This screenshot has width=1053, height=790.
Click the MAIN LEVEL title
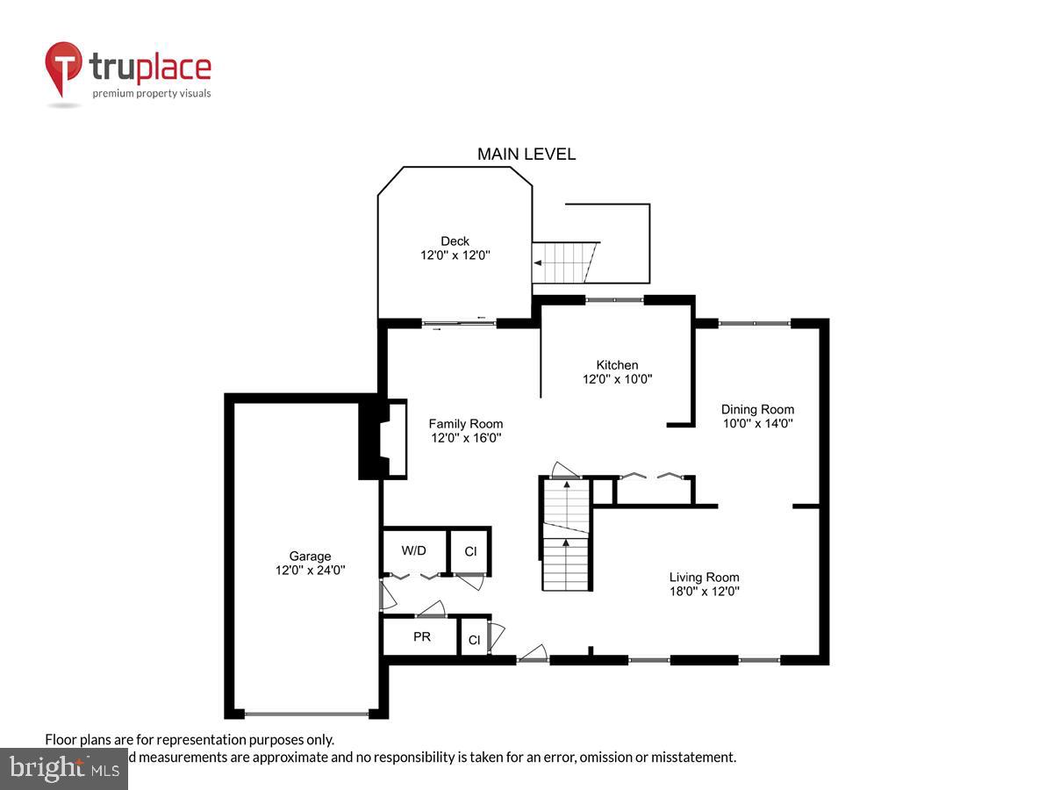(526, 154)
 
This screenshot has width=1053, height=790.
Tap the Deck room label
(455, 241)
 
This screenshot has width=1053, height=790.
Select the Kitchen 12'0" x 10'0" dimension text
(617, 380)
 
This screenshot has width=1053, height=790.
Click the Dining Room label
(757, 409)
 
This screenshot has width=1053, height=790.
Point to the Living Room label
(704, 577)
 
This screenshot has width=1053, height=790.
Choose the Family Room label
(465, 424)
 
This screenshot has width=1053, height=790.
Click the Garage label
(310, 556)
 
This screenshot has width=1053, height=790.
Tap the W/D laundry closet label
(413, 550)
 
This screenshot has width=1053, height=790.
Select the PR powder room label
(421, 636)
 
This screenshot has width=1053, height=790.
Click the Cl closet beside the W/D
(470, 551)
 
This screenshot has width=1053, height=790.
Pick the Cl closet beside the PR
(474, 640)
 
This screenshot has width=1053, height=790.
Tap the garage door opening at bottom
(306, 714)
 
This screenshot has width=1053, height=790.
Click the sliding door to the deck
(459, 323)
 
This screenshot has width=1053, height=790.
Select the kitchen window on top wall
(614, 300)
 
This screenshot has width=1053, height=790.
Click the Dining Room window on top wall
(755, 323)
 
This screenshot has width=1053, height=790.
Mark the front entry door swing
(533, 653)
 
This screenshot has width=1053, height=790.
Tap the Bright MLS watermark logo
(63, 768)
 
